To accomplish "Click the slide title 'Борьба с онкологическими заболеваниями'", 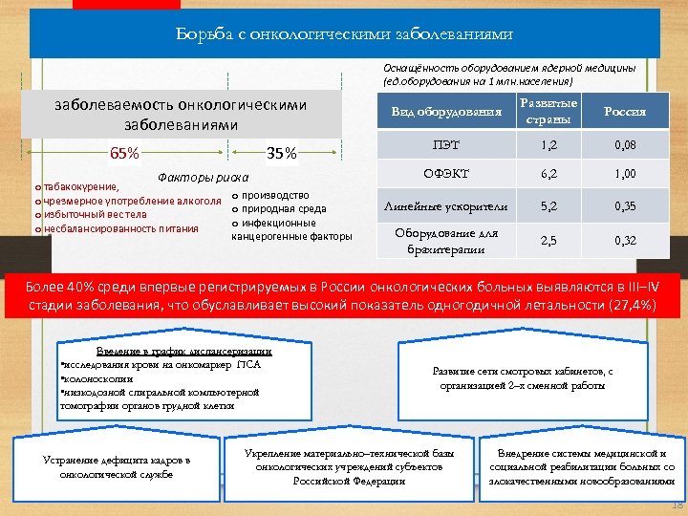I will pyautogui.click(x=343, y=35).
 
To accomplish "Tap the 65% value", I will pyautogui.click(x=124, y=153).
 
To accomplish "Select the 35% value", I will pyautogui.click(x=283, y=153).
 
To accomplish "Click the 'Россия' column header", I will pyautogui.click(x=626, y=112).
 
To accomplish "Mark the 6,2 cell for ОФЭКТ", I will pyautogui.click(x=547, y=174).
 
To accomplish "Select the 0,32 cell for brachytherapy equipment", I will pyautogui.click(x=626, y=241).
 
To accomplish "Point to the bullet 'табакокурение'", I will pyautogui.click(x=81, y=187).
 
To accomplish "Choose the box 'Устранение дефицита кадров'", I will pyautogui.click(x=117, y=467).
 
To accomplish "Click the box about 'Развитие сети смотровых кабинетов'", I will pyautogui.click(x=523, y=378).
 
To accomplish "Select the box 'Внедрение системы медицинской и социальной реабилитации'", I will pyautogui.click(x=584, y=467).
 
